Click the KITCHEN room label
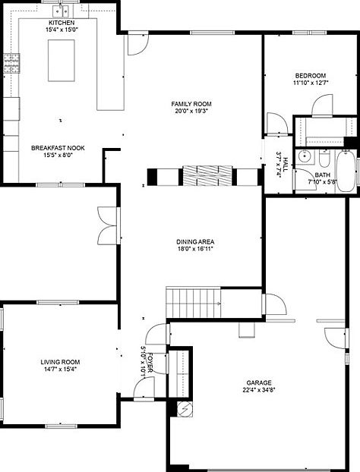point(62,23)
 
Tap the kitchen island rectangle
point(62,61)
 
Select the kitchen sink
point(61,11)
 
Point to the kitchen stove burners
point(11,63)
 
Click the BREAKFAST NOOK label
point(58,148)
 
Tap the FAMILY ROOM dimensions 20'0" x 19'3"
point(191,111)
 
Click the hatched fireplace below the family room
point(207,175)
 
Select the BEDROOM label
point(311,76)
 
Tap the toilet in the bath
point(324,159)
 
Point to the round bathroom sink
point(305,156)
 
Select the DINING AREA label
point(195,242)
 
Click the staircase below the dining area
point(193,303)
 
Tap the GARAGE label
point(259,383)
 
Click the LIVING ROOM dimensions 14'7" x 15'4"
point(60,370)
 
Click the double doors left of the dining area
point(107,226)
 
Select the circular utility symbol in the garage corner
point(185,409)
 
